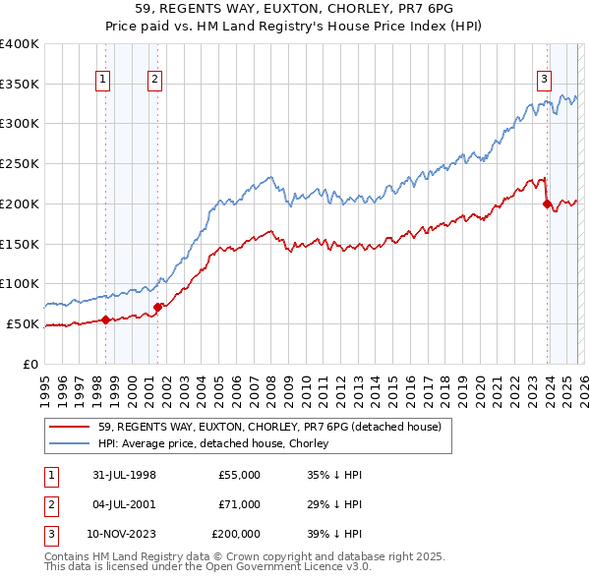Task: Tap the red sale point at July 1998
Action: pos(106,319)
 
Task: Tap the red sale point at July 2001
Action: pos(157,307)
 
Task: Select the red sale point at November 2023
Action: pos(546,203)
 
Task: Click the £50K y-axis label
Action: pos(23,323)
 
